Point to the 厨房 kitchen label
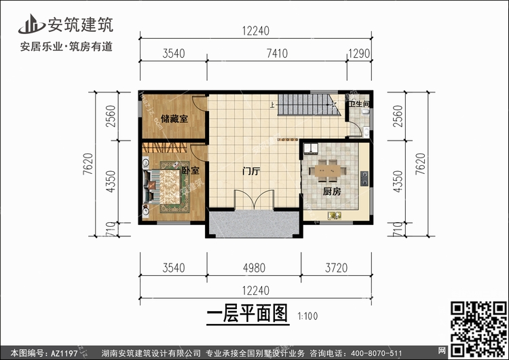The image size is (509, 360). pyautogui.click(x=331, y=192)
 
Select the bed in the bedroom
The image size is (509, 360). pyautogui.click(x=165, y=185)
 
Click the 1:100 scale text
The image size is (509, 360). pyautogui.click(x=307, y=317)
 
